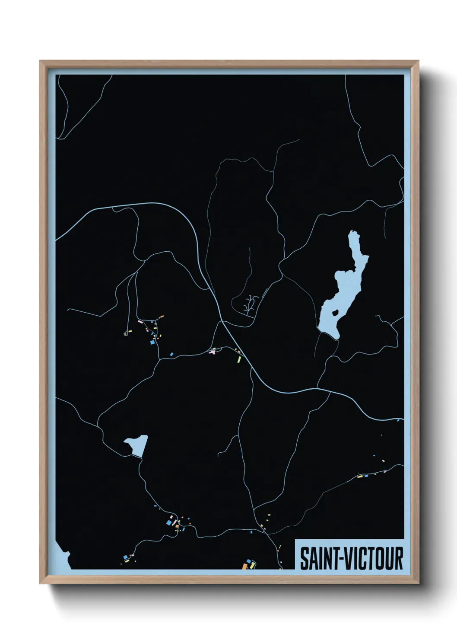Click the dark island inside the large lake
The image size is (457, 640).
(x=335, y=311)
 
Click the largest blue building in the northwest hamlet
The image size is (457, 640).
(x=152, y=342)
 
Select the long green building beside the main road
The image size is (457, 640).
(x=238, y=358)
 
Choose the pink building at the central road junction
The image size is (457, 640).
(x=212, y=352)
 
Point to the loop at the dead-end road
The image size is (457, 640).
(x=126, y=333)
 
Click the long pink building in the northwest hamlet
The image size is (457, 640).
(x=140, y=322)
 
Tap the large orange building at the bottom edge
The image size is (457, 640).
(x=244, y=566)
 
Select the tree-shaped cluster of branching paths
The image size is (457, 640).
(x=250, y=303)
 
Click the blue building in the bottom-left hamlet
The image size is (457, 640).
(x=126, y=557)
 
